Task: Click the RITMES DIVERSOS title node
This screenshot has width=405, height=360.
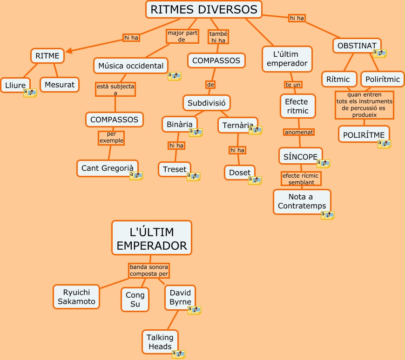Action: (204, 9)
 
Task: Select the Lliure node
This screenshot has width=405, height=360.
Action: (15, 85)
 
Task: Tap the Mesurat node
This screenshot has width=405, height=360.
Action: (60, 85)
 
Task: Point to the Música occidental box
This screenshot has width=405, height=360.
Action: (131, 66)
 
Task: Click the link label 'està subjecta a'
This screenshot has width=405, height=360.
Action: (115, 89)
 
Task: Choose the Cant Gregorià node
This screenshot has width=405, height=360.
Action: (108, 168)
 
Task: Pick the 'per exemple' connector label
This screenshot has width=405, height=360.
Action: (111, 137)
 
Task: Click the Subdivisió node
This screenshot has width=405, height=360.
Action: (206, 102)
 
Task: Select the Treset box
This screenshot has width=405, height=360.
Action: (175, 169)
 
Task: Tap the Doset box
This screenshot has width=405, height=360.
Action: (240, 173)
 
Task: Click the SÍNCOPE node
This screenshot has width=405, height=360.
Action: (300, 157)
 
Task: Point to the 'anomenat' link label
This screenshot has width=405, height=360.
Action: (299, 132)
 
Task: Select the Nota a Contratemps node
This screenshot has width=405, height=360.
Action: (302, 201)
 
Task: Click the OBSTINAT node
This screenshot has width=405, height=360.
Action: (357, 46)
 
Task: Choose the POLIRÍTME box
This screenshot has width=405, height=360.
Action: (364, 135)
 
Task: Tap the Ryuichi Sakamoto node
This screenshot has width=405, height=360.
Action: (76, 297)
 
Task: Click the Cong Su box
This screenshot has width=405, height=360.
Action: (135, 300)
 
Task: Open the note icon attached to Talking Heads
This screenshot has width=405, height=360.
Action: (178, 354)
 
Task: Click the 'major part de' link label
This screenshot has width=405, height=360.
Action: (182, 36)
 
